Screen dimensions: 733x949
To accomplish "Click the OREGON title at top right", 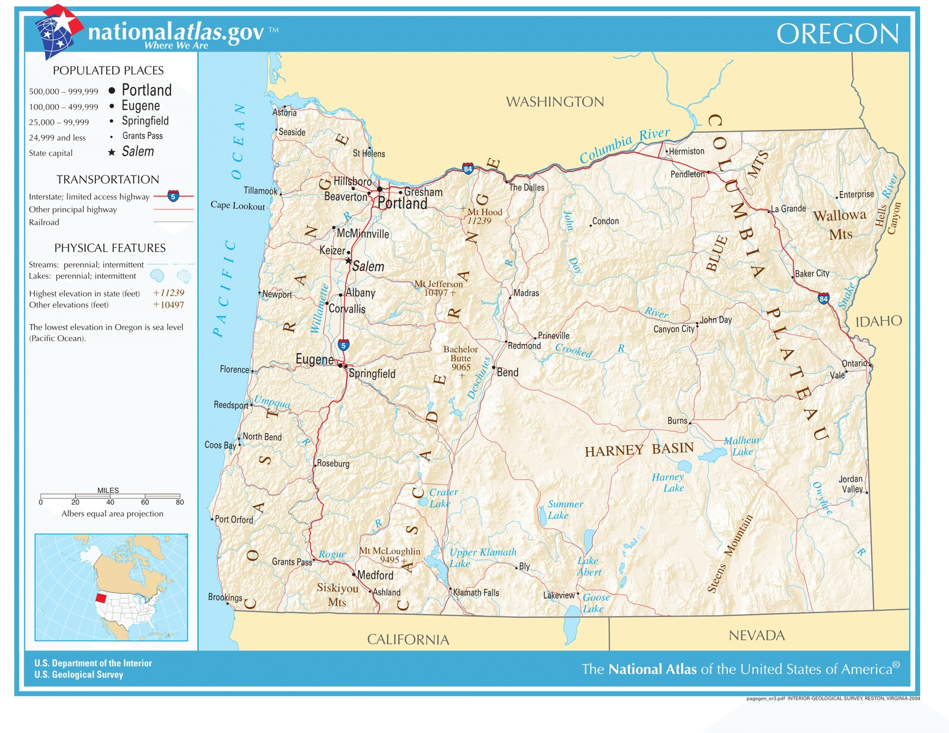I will click(837, 34).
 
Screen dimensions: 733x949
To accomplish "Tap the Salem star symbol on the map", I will click(348, 260).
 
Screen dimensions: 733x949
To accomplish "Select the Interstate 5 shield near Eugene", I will click(343, 345).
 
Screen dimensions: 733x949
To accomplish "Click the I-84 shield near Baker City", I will click(823, 298).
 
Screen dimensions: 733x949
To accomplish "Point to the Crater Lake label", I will click(442, 498).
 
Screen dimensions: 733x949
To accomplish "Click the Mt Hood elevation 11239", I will click(479, 221).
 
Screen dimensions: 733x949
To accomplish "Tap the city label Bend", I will click(507, 372).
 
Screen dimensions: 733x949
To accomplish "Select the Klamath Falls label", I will click(476, 592).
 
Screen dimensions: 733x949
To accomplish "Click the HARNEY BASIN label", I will click(639, 450).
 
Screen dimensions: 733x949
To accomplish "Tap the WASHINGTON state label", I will click(555, 102).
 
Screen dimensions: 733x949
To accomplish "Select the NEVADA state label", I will click(756, 636).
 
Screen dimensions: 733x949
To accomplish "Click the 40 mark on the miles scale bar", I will click(110, 501).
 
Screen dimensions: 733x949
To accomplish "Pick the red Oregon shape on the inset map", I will click(101, 598).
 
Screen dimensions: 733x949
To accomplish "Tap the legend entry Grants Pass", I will click(142, 136).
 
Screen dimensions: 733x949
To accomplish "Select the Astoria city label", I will click(285, 113).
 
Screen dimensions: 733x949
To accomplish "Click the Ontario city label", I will click(854, 363).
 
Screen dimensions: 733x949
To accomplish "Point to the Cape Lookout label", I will click(237, 205).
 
